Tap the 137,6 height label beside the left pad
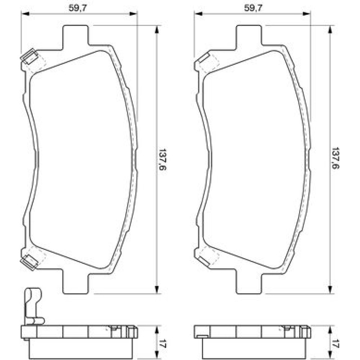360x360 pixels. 163,159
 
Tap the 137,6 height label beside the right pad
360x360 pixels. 336,158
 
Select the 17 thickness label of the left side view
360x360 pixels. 163,343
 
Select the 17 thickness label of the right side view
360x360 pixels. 336,343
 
